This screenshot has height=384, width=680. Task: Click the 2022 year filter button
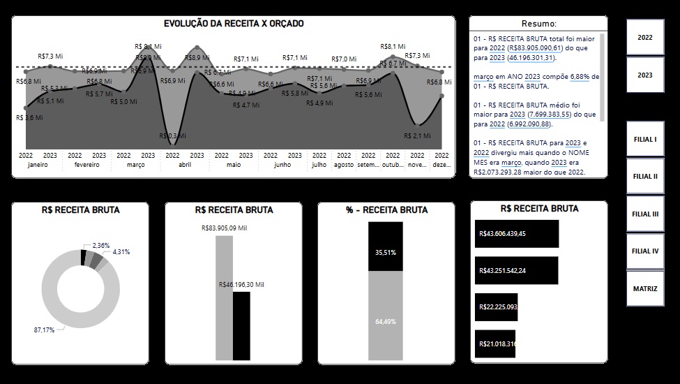645,37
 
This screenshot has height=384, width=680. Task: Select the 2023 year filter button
645,75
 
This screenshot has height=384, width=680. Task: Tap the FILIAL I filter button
645,139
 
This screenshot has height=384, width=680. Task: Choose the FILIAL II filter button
645,177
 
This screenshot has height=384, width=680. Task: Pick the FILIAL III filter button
645,214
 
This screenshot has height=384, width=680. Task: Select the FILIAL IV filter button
645,251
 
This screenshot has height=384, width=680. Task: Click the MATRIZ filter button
645,288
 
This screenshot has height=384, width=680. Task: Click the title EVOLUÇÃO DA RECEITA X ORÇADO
234,24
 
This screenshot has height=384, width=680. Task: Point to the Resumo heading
538,24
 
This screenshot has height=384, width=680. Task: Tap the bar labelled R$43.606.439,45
517,234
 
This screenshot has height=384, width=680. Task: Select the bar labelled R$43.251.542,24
517,271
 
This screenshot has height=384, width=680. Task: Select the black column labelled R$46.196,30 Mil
241,325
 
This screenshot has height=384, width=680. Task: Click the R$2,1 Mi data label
416,135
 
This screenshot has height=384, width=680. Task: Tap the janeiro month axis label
38,165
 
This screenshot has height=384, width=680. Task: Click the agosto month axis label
343,165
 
